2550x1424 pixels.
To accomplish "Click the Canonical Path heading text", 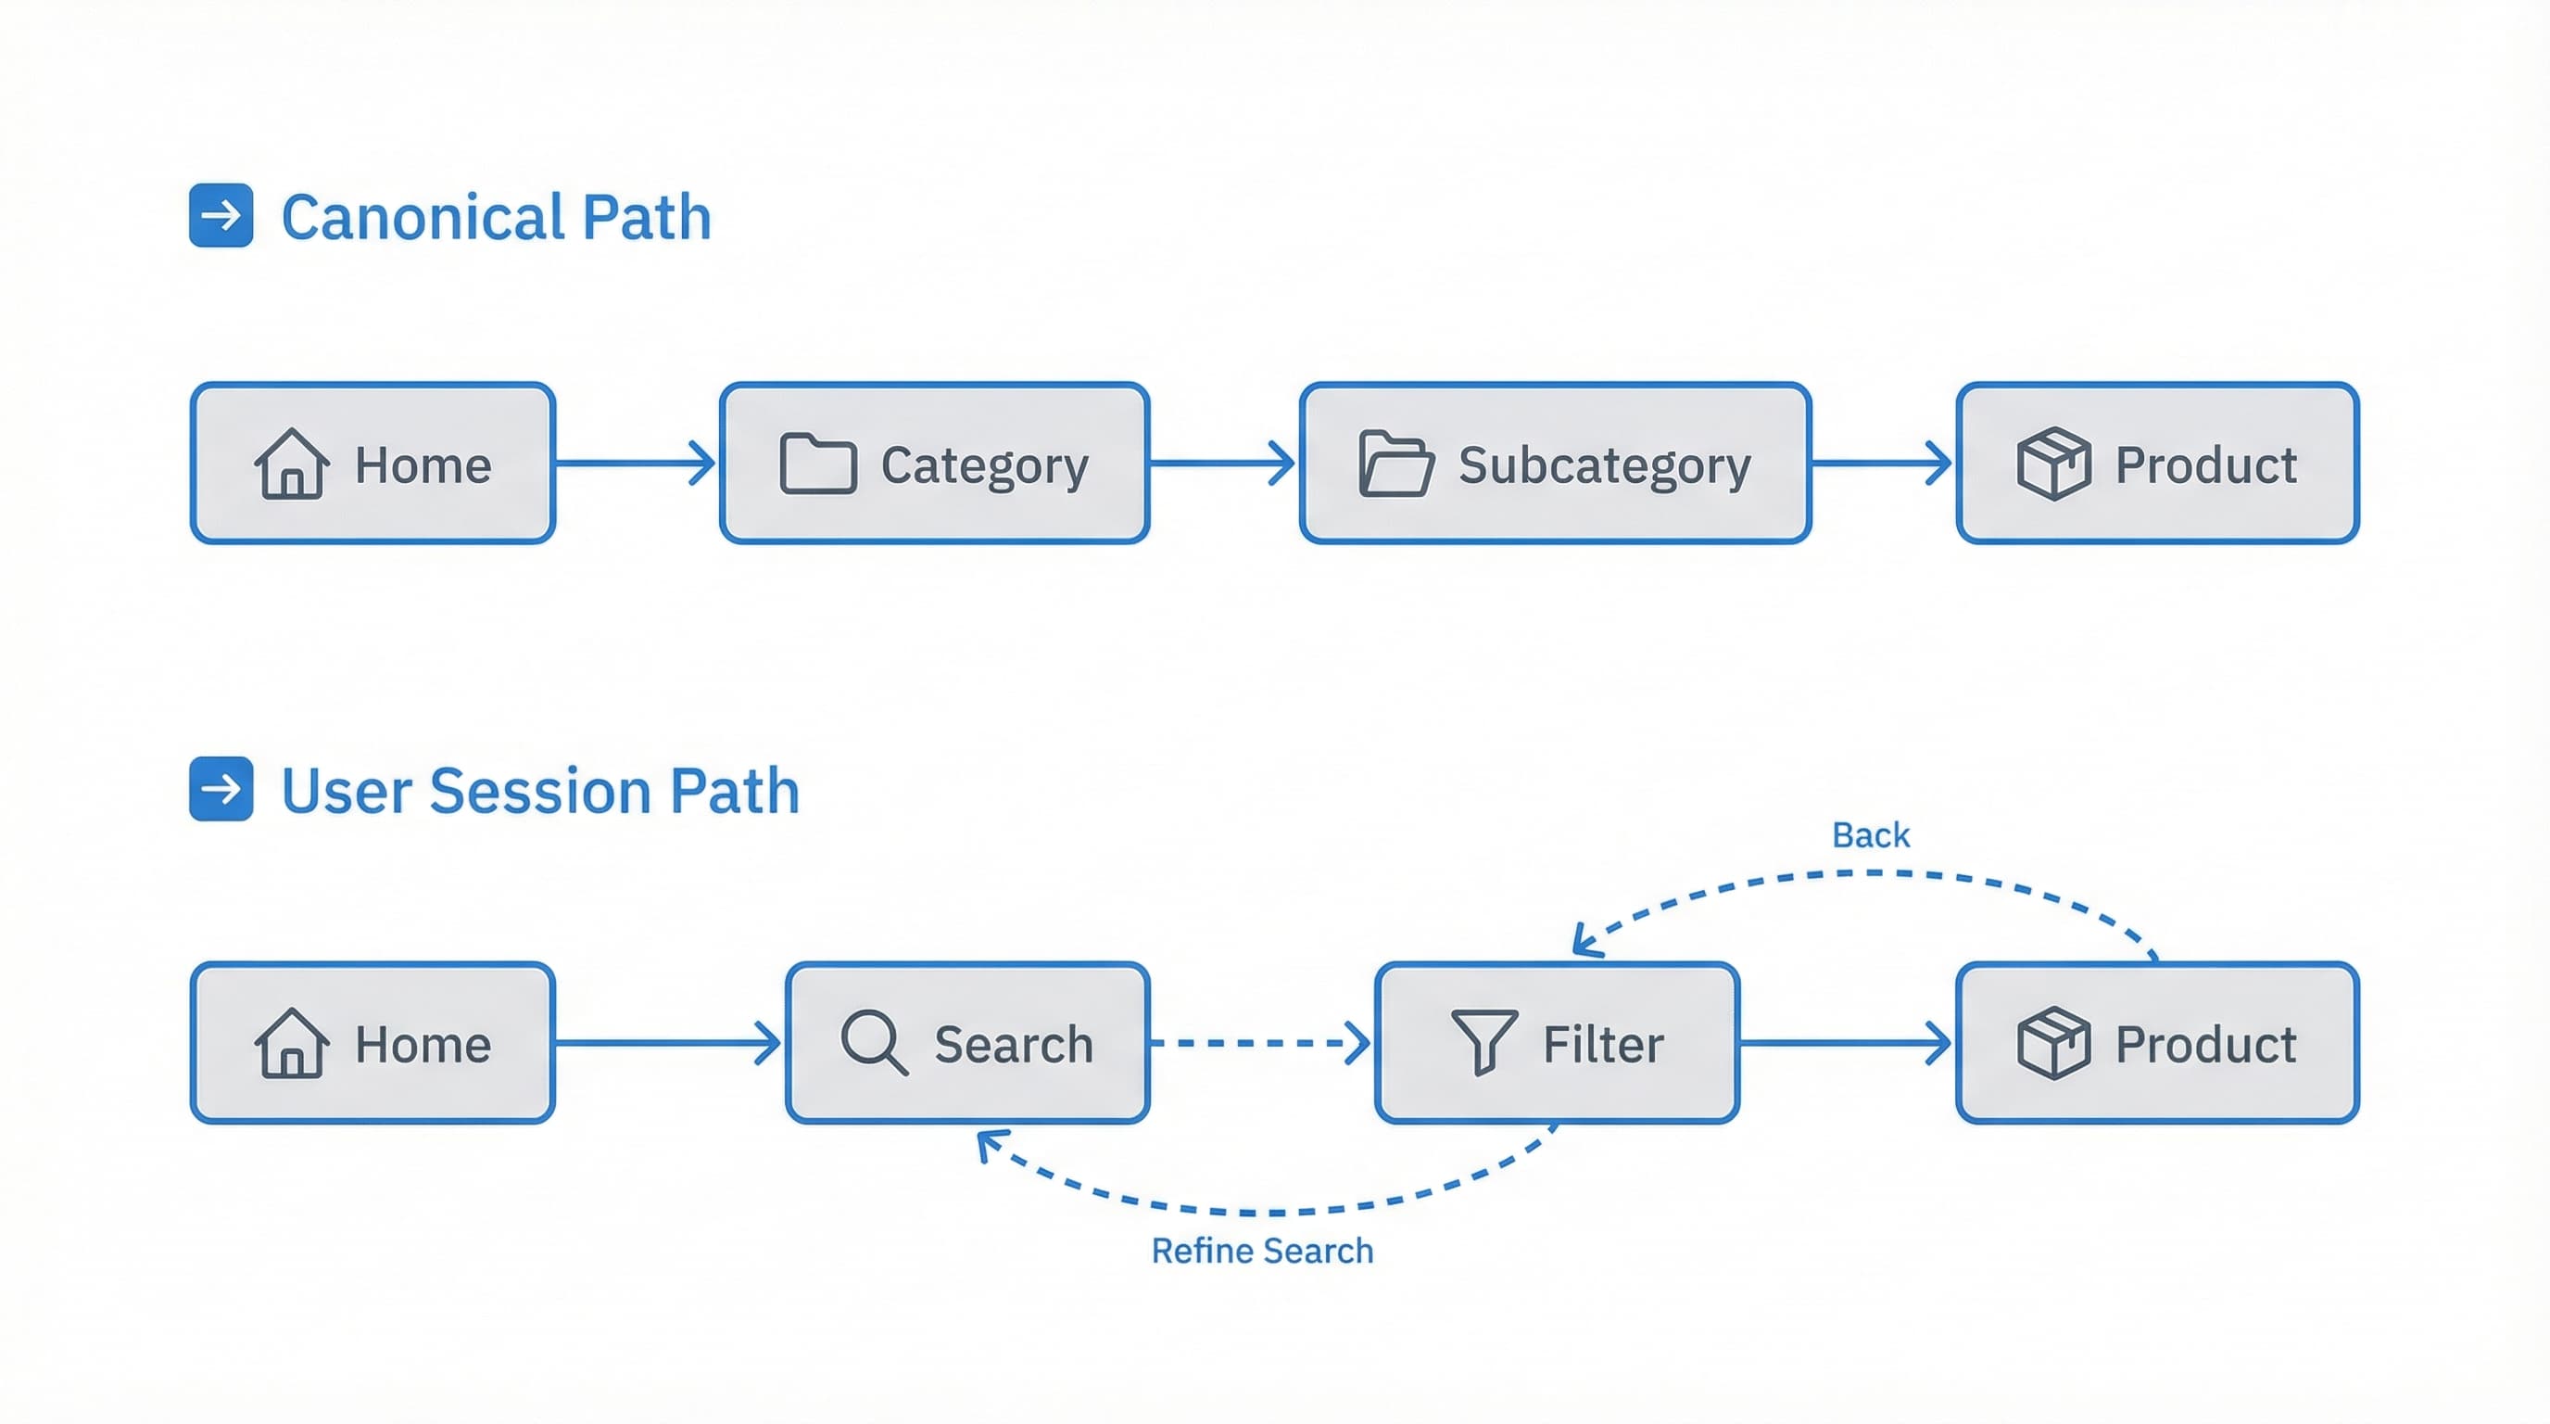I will pyautogui.click(x=496, y=217).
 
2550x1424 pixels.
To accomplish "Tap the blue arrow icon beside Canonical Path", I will pyautogui.click(x=221, y=215).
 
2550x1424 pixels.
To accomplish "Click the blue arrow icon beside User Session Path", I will pyautogui.click(x=221, y=789).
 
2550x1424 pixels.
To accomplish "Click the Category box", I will pyautogui.click(x=934, y=464).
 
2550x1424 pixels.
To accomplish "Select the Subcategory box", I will pyautogui.click(x=1555, y=464).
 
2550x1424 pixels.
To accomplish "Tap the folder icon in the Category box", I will pyautogui.click(x=817, y=464).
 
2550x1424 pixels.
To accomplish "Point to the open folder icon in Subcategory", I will pyautogui.click(x=1395, y=464).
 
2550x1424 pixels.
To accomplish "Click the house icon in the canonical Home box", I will pyautogui.click(x=291, y=464).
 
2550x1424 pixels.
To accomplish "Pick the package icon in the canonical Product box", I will pyautogui.click(x=2054, y=464).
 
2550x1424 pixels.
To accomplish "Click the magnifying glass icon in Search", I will pyautogui.click(x=873, y=1043).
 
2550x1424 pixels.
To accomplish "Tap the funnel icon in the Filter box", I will pyautogui.click(x=1483, y=1042).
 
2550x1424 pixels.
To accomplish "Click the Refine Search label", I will pyautogui.click(x=1262, y=1252).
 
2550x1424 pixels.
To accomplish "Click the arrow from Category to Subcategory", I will pyautogui.click(x=1223, y=463).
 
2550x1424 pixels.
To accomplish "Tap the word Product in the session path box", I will pyautogui.click(x=2205, y=1045).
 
